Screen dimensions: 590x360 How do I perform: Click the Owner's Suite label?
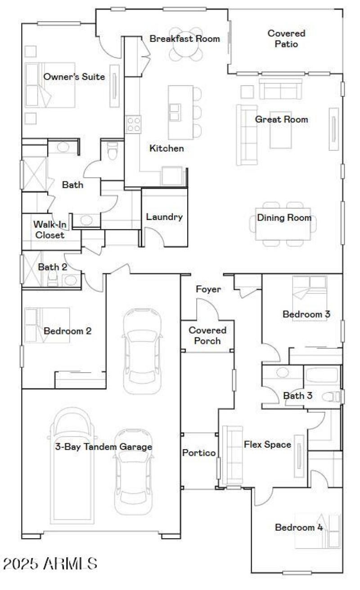(74, 77)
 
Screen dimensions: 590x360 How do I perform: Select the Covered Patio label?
(286, 39)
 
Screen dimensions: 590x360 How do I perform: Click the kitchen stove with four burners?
(133, 124)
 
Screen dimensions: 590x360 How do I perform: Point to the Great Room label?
(281, 120)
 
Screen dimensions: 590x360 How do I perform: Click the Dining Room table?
(283, 224)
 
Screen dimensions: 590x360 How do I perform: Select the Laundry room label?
(164, 217)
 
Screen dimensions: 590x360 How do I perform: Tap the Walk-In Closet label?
(50, 229)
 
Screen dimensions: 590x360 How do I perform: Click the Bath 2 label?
(52, 267)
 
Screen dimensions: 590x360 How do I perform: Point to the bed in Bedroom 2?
(47, 325)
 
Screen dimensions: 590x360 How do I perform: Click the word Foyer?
(208, 289)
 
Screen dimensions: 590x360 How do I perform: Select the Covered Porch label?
(207, 336)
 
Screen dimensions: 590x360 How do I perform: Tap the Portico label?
(199, 453)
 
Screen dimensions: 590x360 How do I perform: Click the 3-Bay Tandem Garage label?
(103, 447)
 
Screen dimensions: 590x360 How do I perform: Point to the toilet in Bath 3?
(333, 397)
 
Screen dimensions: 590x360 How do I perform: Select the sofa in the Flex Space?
(233, 455)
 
